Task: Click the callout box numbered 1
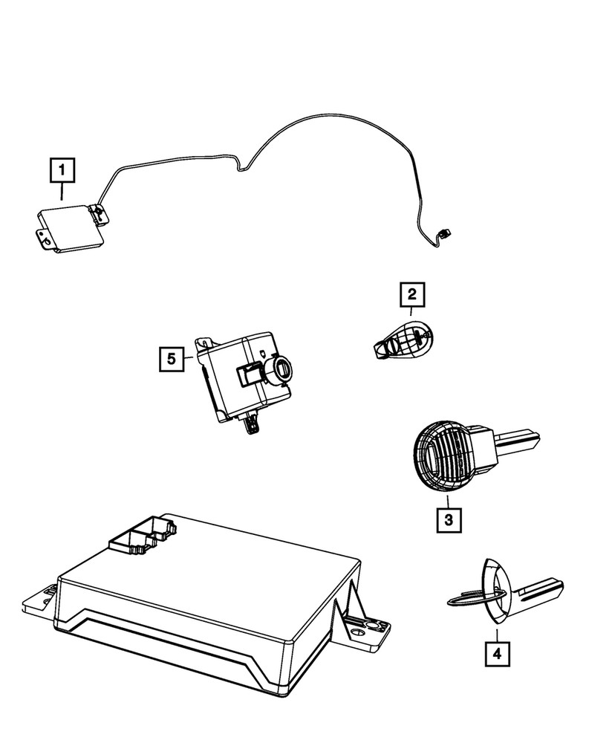62,171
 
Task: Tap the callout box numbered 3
449,519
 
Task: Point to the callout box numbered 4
497,654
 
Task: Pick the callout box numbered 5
172,360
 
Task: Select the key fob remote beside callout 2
404,340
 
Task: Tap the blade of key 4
538,591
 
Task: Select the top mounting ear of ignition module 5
203,343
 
